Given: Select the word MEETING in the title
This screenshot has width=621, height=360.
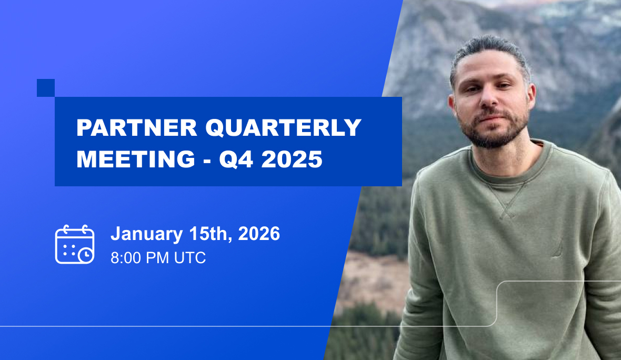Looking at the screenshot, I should coord(136,159).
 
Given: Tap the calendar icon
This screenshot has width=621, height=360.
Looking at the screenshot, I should coord(75,244).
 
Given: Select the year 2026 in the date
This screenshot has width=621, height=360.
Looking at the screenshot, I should coord(259,234).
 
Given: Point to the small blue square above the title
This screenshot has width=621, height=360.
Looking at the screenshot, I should coord(46,88).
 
